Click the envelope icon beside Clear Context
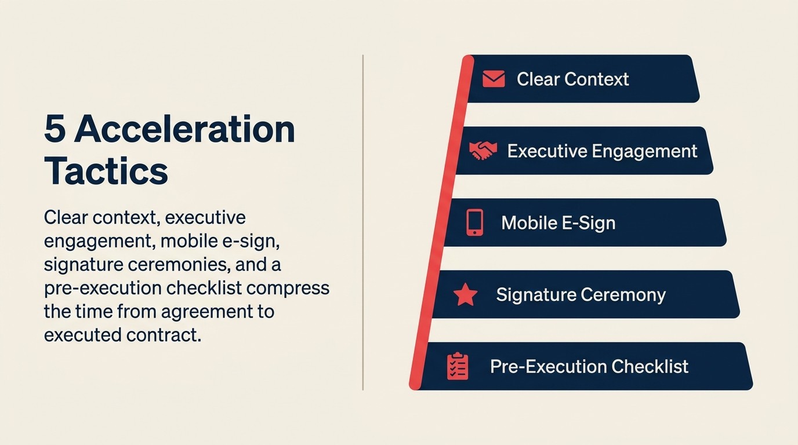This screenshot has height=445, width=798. point(494,79)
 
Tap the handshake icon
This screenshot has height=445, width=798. point(483,151)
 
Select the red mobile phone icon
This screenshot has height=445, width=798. point(474,222)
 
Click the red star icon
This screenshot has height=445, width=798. point(465,295)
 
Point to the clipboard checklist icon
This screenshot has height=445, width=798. point(458,366)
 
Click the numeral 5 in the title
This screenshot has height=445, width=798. point(55,130)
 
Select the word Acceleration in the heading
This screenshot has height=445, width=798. point(184,130)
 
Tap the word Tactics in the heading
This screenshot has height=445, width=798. point(106,170)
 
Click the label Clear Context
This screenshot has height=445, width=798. point(572,79)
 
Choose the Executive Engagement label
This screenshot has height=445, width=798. point(602,151)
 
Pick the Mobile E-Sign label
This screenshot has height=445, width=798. point(558,223)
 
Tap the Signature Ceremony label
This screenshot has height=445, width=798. point(581,295)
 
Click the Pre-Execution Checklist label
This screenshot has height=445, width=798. point(589,366)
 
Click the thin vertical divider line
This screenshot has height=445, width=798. point(363,222)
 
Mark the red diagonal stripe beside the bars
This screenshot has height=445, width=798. point(441,222)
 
